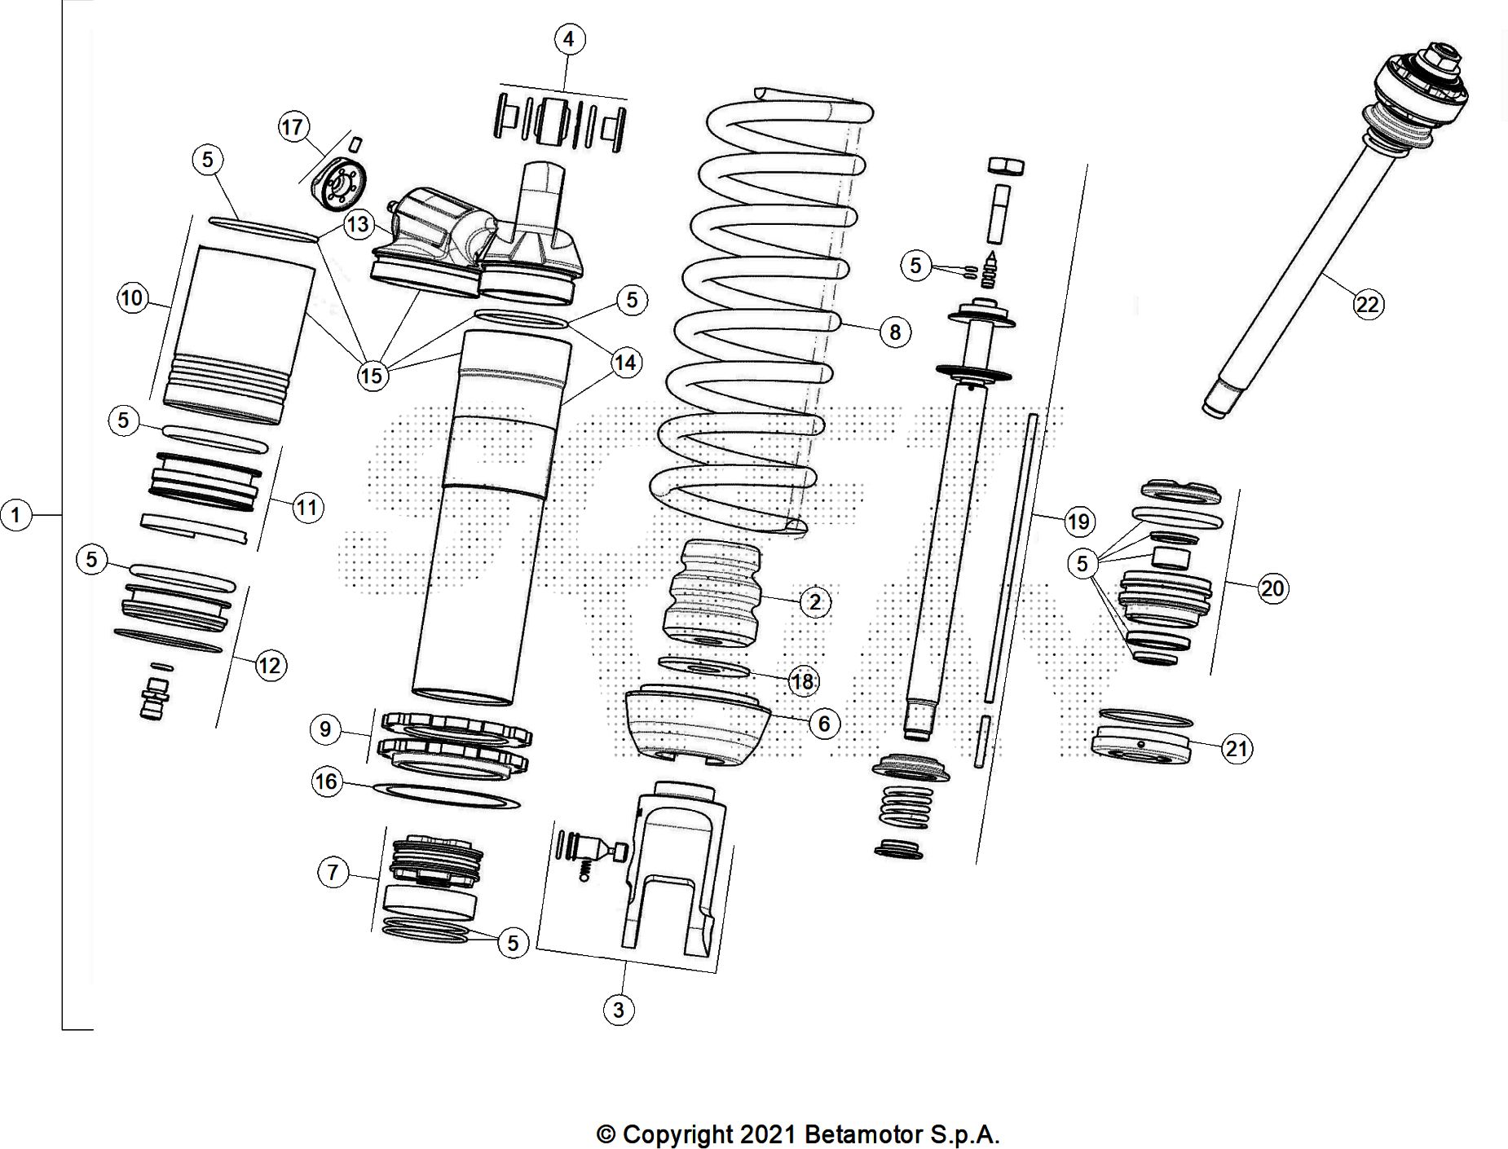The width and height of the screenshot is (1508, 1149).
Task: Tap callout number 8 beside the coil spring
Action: click(x=895, y=332)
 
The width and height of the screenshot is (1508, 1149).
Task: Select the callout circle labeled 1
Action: click(x=16, y=515)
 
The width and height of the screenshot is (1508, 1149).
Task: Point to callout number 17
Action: click(x=293, y=127)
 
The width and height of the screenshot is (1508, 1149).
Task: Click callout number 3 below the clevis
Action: click(x=619, y=1010)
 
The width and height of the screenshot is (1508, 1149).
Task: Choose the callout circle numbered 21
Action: click(x=1237, y=748)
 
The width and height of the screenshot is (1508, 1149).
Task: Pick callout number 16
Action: click(x=326, y=782)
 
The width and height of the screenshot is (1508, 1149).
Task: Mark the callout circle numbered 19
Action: click(x=1078, y=522)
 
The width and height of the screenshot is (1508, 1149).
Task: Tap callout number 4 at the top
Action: click(x=569, y=39)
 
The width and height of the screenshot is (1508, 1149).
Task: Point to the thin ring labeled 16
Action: click(x=447, y=795)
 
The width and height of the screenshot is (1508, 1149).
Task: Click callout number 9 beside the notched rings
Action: click(x=325, y=729)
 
